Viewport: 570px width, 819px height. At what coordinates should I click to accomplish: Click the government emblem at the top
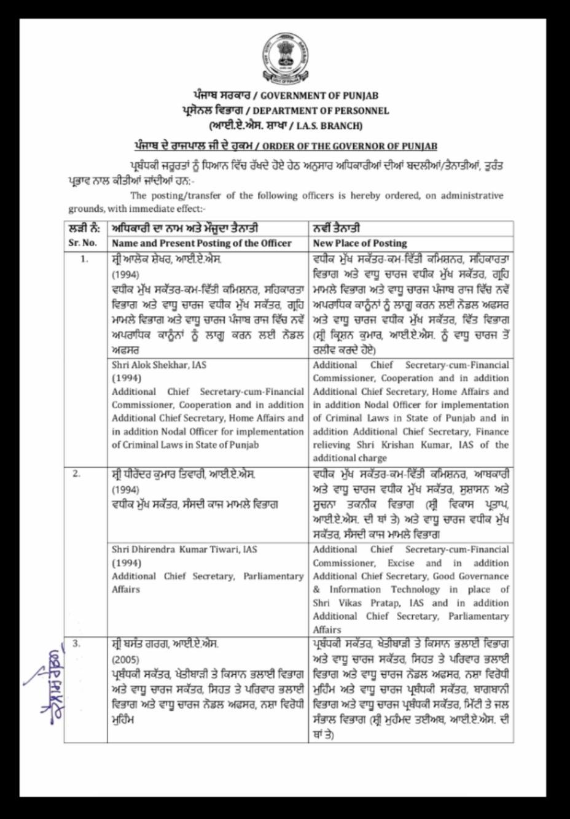(284, 59)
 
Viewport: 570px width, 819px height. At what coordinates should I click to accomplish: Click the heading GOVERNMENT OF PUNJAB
(319, 96)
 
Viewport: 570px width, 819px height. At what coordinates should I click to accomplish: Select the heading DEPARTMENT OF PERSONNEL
(321, 111)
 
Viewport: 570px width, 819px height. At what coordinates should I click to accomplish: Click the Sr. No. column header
(82, 243)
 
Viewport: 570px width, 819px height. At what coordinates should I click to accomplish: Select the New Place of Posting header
(359, 243)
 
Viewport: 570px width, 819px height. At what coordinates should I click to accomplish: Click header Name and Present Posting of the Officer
(201, 243)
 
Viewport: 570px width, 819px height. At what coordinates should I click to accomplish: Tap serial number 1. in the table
(85, 259)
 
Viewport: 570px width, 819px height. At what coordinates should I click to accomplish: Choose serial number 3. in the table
(76, 644)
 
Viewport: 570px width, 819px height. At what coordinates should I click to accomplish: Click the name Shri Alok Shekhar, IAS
(159, 365)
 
